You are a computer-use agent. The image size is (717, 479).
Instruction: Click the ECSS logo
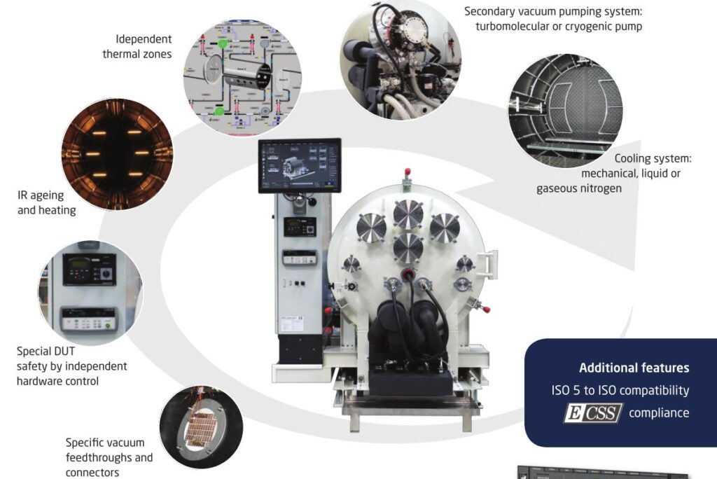click(593, 413)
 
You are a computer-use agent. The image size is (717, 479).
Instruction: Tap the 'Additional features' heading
click(634, 368)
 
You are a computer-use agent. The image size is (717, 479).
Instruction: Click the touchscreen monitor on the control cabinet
click(299, 165)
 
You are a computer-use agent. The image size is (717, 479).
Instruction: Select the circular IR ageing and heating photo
click(117, 154)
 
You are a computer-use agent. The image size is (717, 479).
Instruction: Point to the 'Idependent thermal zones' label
click(137, 46)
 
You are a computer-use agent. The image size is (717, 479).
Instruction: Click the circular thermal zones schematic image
click(242, 78)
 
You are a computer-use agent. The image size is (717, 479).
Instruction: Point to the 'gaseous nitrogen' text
click(579, 188)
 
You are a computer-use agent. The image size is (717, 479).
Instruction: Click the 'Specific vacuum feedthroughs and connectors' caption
click(109, 457)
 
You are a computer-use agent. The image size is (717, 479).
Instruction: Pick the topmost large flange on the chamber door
click(408, 214)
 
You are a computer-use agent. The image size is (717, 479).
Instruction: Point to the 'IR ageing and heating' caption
click(47, 202)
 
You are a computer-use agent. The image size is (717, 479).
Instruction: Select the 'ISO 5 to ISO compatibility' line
click(620, 390)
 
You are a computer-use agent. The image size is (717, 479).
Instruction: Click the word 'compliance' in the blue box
click(658, 413)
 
